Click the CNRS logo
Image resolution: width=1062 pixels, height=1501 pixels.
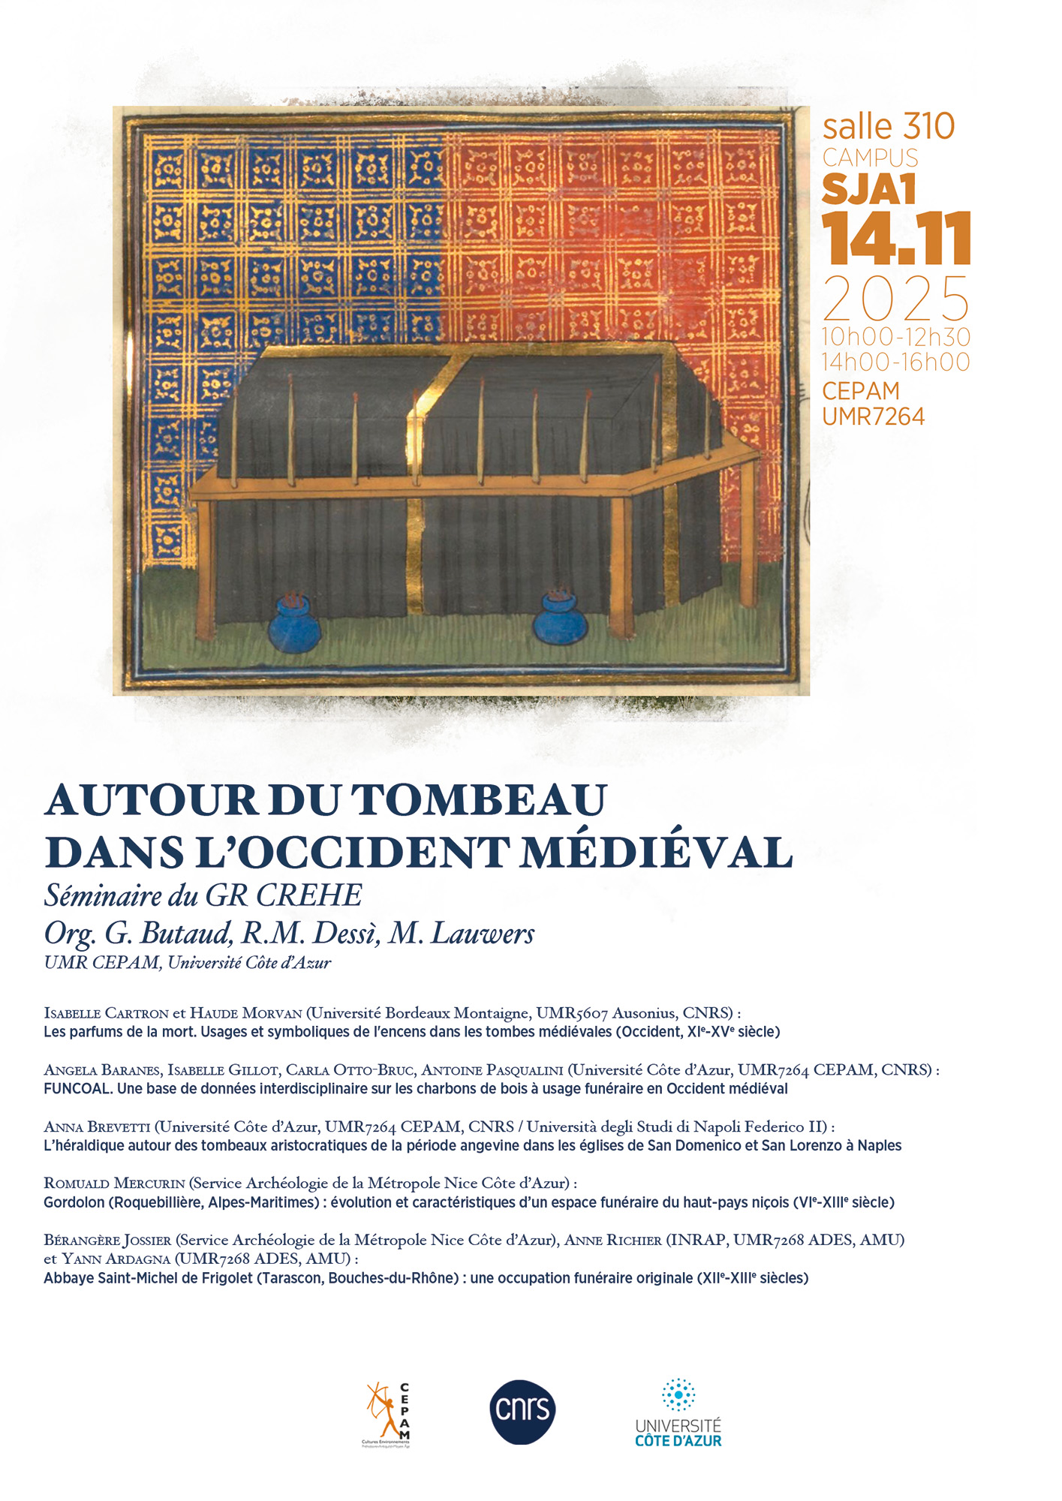point(522,1412)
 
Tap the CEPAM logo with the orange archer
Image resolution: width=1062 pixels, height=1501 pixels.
point(387,1414)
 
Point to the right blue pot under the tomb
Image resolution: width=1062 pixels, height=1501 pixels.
point(560,619)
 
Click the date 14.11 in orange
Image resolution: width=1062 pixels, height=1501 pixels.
point(896,239)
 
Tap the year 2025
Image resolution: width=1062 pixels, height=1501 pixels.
point(896,299)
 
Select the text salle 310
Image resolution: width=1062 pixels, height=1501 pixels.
point(888,126)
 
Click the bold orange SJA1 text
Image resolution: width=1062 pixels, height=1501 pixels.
point(869,189)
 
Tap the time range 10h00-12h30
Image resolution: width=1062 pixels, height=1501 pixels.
point(896,337)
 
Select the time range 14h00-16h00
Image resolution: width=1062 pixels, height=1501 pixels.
point(896,362)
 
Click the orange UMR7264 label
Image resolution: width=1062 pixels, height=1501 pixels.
point(873,417)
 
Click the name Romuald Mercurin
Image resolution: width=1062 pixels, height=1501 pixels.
point(114,1184)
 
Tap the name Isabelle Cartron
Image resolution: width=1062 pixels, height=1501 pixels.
point(106,1013)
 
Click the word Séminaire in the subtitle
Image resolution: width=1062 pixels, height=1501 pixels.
point(104,895)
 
